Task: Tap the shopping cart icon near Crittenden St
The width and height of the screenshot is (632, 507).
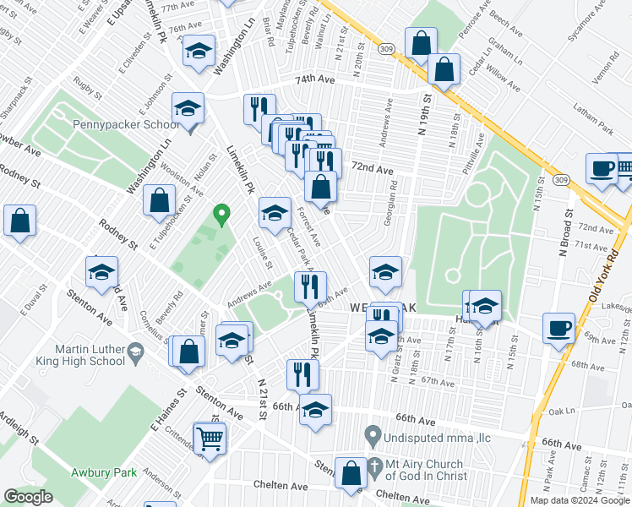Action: pyautogui.click(x=210, y=438)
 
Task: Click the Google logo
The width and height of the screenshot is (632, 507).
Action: pyautogui.click(x=28, y=496)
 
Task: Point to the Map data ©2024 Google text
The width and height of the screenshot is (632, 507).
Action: pyautogui.click(x=579, y=500)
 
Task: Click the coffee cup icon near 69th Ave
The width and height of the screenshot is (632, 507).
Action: pyautogui.click(x=558, y=327)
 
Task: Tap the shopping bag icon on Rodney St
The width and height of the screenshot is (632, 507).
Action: pyautogui.click(x=20, y=221)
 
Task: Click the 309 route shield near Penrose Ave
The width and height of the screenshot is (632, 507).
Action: pyautogui.click(x=386, y=52)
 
